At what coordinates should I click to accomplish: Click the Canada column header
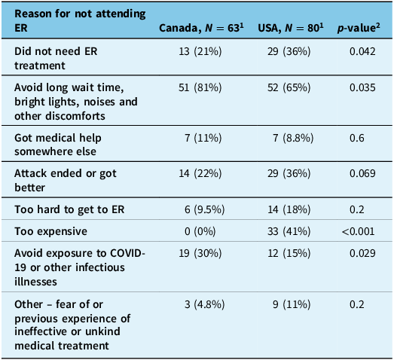coord(201,27)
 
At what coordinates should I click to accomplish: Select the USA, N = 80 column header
coord(291,27)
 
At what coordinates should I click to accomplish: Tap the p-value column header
coord(359,28)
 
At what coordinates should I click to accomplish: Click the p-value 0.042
coord(362,51)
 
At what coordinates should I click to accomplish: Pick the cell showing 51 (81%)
coord(200,87)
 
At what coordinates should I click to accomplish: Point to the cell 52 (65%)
coord(289,87)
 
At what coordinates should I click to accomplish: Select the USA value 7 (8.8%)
coord(293,138)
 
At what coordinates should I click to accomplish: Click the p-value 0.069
coord(362,173)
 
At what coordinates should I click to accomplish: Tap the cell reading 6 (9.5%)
coord(205,209)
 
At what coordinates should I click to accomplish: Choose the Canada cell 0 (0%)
coord(200,231)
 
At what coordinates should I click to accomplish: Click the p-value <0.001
coord(358,231)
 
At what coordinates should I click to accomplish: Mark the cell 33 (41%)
coord(289,231)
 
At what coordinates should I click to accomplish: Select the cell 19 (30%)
coord(200,253)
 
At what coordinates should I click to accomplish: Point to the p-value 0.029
coord(362,253)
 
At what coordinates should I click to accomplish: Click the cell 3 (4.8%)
coord(205,304)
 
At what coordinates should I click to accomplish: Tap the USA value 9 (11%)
coord(292,304)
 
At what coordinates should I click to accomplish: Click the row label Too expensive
coord(50,231)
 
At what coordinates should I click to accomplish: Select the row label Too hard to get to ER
coord(69,209)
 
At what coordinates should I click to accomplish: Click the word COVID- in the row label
coord(127,253)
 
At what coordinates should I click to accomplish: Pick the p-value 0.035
coord(362,87)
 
